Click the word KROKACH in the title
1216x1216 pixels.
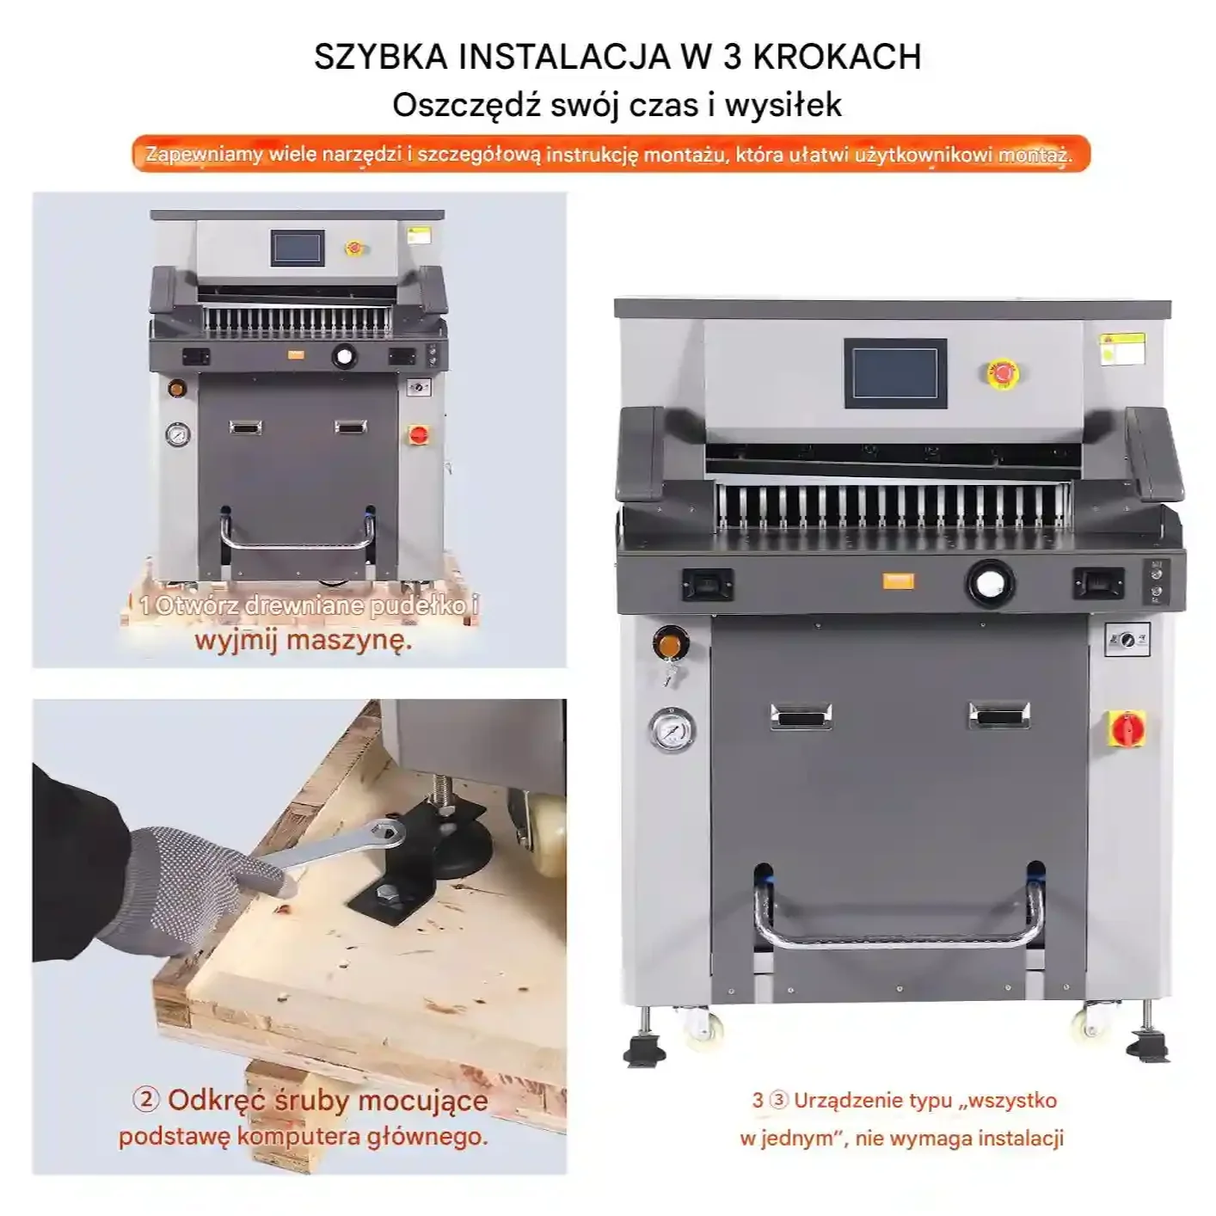tap(837, 57)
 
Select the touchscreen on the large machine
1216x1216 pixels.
tap(895, 373)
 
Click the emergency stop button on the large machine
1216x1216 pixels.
tap(1003, 373)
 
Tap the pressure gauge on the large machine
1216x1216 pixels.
tap(672, 730)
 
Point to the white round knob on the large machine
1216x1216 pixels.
tap(990, 583)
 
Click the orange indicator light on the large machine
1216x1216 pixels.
tap(670, 643)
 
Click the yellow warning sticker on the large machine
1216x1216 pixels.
tap(1122, 349)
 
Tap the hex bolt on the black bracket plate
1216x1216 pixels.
tap(384, 893)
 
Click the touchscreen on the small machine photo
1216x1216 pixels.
tap(298, 247)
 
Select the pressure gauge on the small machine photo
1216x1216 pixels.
tap(178, 435)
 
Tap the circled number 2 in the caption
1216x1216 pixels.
tap(146, 1100)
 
